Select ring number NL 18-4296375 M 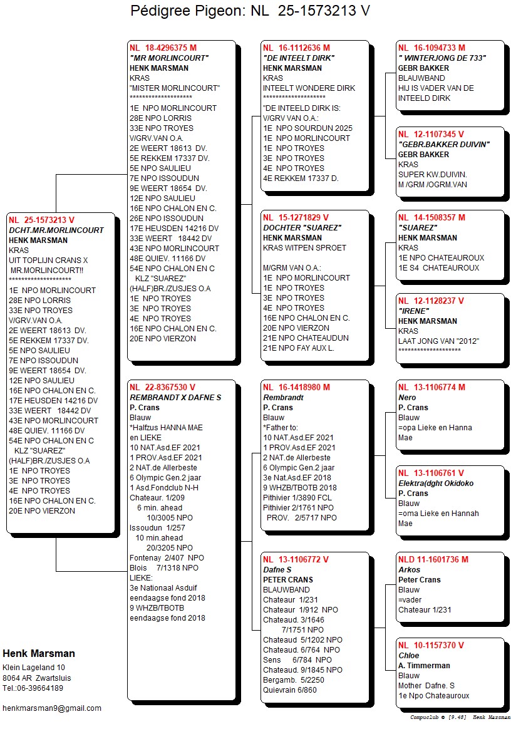(163, 48)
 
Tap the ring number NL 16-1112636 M (296, 48)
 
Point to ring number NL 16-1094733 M (431, 48)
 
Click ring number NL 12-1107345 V (431, 134)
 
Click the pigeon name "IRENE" (414, 311)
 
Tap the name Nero (407, 398)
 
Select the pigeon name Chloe (409, 656)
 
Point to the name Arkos (410, 570)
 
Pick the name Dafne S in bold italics (277, 570)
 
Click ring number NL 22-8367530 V (162, 387)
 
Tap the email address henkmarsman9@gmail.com (52, 708)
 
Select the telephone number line (33, 688)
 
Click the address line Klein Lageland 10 (34, 668)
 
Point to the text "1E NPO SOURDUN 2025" (307, 128)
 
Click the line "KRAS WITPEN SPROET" (304, 247)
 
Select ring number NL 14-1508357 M (431, 217)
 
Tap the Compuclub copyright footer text (460, 717)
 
